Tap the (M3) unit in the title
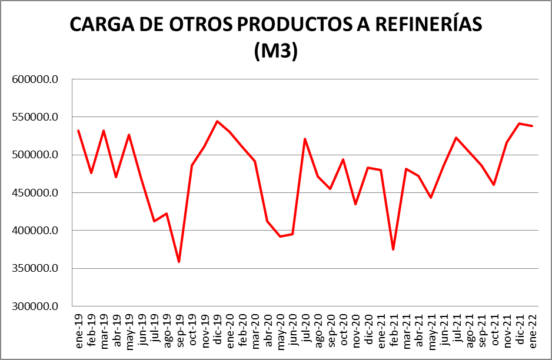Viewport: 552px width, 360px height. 276,51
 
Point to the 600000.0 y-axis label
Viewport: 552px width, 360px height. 36,79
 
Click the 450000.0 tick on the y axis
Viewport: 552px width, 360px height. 36,193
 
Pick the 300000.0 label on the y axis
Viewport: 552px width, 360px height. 36,306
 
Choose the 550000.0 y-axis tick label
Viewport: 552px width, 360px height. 36,117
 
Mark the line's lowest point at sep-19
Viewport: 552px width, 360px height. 179,262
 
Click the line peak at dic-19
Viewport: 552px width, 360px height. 217,121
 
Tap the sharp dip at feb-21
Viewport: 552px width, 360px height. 393,249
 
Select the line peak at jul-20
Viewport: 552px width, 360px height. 305,139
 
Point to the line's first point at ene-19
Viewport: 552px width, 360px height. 78,131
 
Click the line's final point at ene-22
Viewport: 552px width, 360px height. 532,126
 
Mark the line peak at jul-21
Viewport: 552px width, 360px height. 456,138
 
